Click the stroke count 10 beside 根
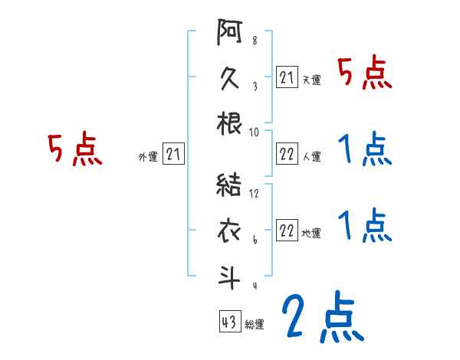point(254,132)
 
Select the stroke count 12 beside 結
point(254,194)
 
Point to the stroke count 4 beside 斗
point(254,286)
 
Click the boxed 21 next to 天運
point(287,77)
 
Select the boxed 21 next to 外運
point(173,155)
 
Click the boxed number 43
point(228,322)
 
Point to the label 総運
point(255,325)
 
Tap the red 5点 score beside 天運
point(365,74)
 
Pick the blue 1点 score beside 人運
point(365,149)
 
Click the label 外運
point(147,157)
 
